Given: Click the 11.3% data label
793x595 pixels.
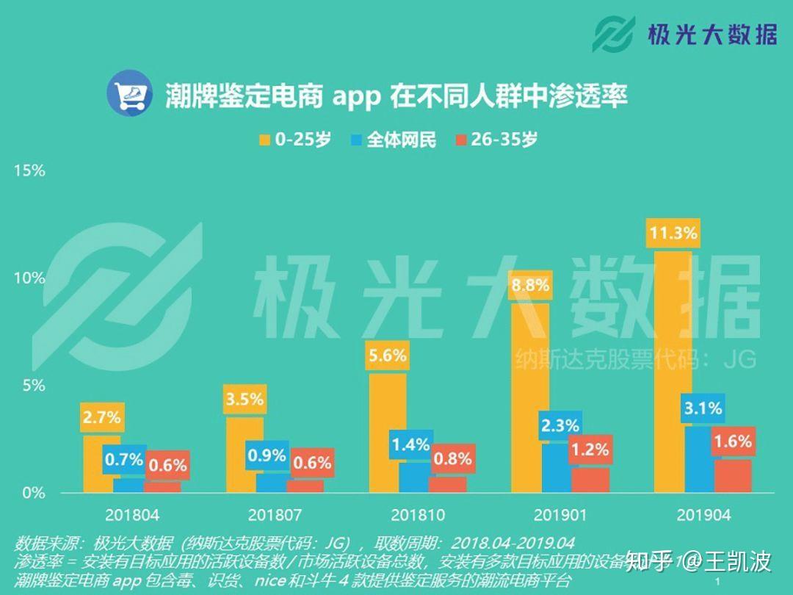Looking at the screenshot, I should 673,234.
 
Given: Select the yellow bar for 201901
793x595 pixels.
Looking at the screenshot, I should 530,397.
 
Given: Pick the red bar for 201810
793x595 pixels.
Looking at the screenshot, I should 447,484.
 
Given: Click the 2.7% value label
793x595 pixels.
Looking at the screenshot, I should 101,418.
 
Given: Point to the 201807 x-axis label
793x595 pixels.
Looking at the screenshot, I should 275,515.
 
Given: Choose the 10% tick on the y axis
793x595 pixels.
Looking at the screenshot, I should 29,278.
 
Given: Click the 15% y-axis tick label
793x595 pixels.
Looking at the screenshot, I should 29,170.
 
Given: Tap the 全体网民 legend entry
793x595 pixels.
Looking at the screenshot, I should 393,140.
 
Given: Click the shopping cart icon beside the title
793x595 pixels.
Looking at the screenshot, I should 129,93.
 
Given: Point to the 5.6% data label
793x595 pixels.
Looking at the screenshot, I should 388,356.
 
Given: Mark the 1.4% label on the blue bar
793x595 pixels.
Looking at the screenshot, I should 410,444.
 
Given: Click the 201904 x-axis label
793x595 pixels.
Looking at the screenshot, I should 703,515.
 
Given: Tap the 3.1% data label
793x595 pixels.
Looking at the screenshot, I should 703,408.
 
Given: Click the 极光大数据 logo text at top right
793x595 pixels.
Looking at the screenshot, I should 711,34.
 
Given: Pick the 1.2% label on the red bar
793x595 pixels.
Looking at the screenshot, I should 590,450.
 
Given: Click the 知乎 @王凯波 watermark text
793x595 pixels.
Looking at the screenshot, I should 698,562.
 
